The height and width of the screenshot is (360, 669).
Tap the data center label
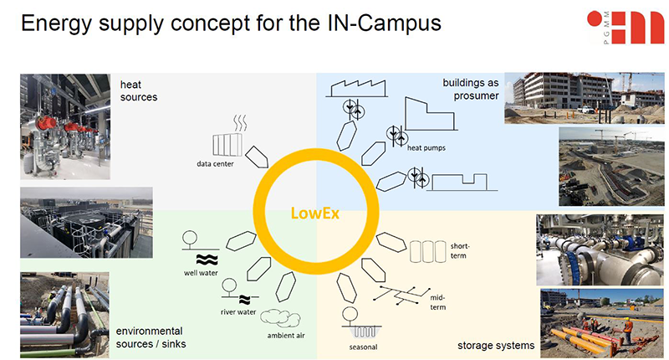[215, 163]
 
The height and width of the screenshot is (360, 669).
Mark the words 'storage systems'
[495, 344]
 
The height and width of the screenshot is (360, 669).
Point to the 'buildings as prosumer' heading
[471, 89]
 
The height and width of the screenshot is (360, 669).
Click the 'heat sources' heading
[139, 90]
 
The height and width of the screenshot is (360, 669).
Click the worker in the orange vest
[626, 332]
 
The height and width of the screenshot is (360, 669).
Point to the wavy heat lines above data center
[240, 123]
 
